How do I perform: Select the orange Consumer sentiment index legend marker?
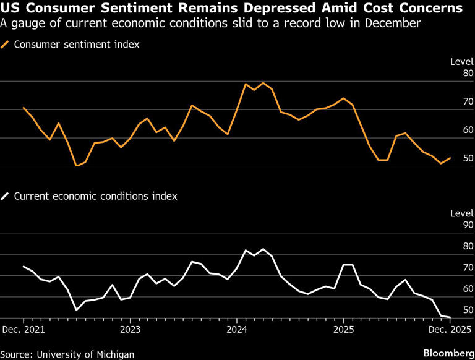(6, 45)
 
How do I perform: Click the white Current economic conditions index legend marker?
(6, 196)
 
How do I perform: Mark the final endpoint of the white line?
(450, 317)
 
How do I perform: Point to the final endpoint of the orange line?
(450, 158)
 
